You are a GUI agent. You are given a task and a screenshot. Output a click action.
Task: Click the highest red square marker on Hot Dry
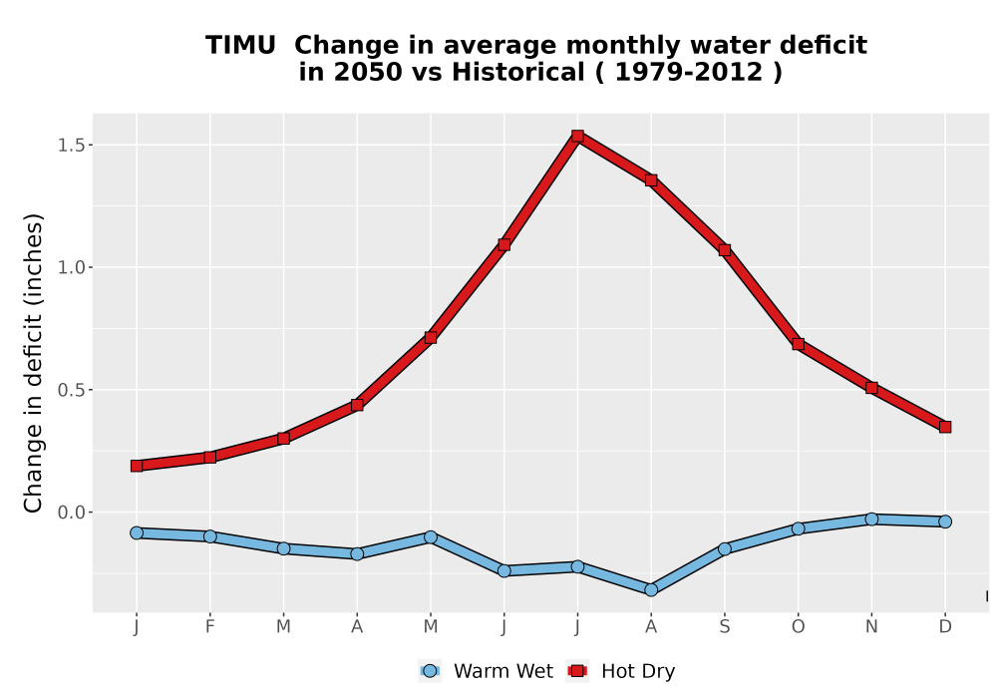tap(577, 136)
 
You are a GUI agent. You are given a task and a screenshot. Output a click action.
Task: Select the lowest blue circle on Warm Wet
tap(651, 590)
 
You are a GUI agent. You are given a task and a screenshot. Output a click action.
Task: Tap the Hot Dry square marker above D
tap(945, 427)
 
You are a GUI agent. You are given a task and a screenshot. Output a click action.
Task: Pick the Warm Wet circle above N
tap(871, 520)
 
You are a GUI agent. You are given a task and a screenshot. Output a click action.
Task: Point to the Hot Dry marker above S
tap(724, 250)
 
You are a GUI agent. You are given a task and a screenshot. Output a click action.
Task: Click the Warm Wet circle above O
tap(798, 528)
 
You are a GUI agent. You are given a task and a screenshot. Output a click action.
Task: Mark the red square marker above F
tap(209, 457)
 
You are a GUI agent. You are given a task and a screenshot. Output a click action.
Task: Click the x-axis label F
tap(209, 627)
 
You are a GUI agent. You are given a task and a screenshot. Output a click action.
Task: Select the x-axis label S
tap(724, 627)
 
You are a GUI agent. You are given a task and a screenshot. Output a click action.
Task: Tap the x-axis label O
tap(798, 627)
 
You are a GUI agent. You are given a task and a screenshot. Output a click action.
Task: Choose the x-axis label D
tap(945, 627)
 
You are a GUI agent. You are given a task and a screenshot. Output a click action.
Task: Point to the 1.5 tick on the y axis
tap(71, 145)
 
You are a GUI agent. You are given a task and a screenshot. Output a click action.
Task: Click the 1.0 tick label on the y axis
tap(71, 267)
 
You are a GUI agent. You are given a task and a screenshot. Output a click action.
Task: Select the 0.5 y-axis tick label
tap(71, 390)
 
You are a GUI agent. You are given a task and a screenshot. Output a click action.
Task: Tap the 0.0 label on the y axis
tap(71, 513)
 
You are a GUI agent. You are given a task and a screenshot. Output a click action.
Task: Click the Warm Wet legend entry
tap(487, 671)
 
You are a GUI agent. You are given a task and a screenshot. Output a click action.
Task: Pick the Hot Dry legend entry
tap(620, 671)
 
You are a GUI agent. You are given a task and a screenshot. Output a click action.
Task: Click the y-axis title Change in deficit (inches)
tap(33, 363)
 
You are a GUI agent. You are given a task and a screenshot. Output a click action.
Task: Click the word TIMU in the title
tap(240, 46)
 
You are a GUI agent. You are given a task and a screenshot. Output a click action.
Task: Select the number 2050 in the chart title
tap(368, 73)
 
